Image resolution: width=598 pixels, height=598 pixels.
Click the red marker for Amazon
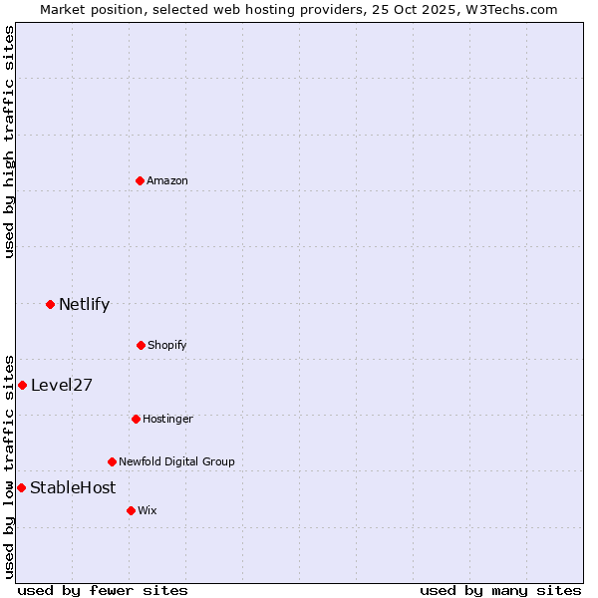tap(140, 180)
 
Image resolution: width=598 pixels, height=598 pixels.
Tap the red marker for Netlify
tap(50, 304)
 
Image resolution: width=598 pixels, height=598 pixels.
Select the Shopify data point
tap(141, 345)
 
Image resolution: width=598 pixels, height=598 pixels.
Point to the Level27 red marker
tap(22, 385)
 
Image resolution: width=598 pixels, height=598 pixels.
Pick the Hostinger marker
tap(136, 419)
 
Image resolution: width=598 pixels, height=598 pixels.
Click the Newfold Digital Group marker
tap(112, 461)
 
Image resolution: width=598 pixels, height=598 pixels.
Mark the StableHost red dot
tap(21, 487)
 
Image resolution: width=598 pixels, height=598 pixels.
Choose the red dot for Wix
tap(131, 510)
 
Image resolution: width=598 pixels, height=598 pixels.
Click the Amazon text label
tap(167, 180)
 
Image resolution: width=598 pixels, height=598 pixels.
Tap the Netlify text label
tap(84, 304)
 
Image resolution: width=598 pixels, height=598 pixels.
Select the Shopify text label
tap(167, 345)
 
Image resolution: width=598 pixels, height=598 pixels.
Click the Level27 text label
tap(62, 385)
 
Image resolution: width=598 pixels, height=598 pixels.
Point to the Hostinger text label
tap(167, 419)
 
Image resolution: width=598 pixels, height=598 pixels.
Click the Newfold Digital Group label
tap(176, 461)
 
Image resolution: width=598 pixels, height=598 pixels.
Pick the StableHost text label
tap(73, 487)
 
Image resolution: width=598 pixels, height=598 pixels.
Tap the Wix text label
tap(148, 510)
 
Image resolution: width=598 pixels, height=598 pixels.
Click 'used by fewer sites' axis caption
tap(103, 590)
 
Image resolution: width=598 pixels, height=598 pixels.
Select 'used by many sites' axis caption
tap(500, 590)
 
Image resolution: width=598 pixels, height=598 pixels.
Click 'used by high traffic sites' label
tap(9, 142)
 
